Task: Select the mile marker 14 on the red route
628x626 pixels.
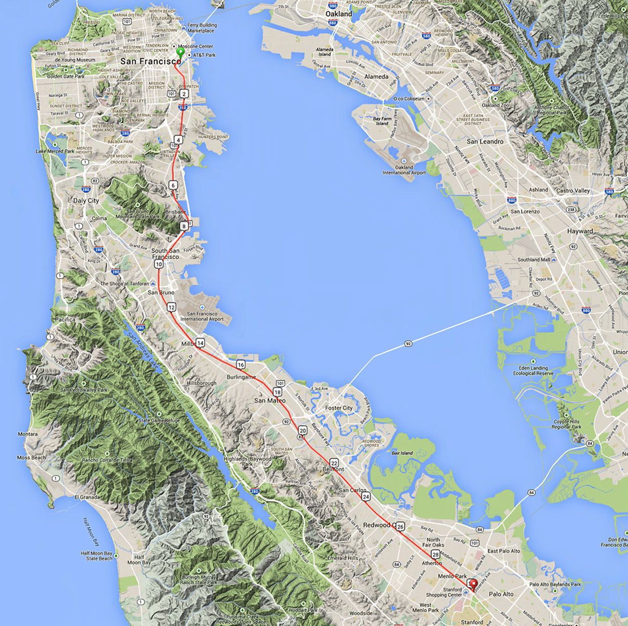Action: pyautogui.click(x=200, y=343)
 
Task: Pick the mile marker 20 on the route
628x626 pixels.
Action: pyautogui.click(x=302, y=431)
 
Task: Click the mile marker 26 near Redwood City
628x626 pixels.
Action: pyautogui.click(x=400, y=526)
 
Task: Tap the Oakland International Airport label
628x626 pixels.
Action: pyautogui.click(x=404, y=170)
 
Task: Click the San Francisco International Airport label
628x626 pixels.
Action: pyautogui.click(x=202, y=316)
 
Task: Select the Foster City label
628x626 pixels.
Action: pyautogui.click(x=339, y=408)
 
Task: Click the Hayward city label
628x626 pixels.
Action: pyautogui.click(x=580, y=231)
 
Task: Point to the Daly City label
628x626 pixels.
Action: pyautogui.click(x=86, y=201)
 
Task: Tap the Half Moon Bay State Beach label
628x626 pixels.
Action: pyautogui.click(x=96, y=556)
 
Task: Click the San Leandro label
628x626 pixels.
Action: pyautogui.click(x=485, y=141)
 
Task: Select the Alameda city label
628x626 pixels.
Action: pyautogui.click(x=376, y=77)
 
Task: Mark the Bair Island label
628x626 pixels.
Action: pyautogui.click(x=402, y=453)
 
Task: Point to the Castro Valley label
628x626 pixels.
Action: pyautogui.click(x=573, y=191)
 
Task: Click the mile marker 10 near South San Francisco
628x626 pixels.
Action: pyautogui.click(x=159, y=264)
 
